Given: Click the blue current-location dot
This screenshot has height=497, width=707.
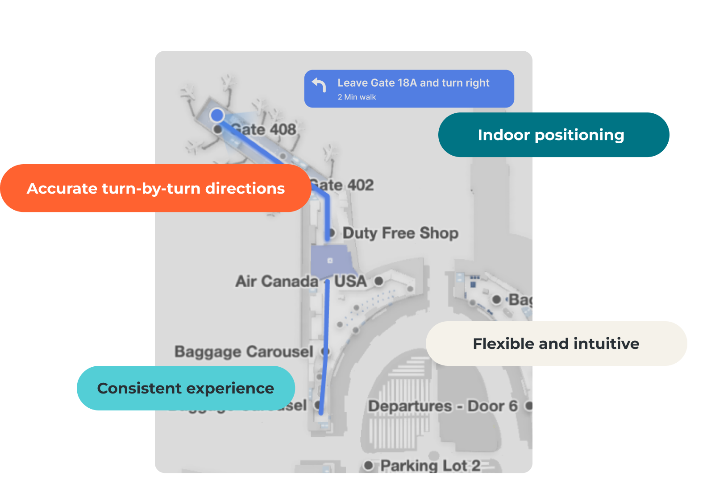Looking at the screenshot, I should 217,115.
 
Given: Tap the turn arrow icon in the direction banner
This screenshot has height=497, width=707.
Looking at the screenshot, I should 319,85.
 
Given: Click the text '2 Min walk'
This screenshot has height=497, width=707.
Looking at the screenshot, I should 357,97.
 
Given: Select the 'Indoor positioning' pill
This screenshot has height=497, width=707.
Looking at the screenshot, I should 553,135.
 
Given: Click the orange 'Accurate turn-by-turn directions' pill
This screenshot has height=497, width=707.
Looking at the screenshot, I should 155,188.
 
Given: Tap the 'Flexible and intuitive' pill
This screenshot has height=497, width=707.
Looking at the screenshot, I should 556,344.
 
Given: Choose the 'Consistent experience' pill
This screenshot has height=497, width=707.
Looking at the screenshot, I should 185,388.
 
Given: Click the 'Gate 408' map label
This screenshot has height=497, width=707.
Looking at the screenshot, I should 263,130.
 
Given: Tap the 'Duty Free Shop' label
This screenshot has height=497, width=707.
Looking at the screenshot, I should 400,233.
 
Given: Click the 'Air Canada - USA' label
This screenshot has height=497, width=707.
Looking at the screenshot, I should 301,282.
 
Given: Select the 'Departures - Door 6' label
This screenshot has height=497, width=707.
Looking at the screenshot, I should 443,406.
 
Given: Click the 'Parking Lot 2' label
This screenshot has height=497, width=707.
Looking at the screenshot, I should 430,466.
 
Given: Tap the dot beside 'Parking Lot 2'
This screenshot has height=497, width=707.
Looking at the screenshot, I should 368,466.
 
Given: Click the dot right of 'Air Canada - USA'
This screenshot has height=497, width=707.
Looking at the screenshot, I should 379,281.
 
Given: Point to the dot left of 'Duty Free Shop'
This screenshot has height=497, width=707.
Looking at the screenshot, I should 332,233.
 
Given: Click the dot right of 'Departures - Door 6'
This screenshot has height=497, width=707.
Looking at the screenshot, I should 529,406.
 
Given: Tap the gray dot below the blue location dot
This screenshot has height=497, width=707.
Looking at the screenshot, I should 218,129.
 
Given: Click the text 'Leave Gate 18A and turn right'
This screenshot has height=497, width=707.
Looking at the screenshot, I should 413,83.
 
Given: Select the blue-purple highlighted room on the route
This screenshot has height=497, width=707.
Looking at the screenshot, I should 330,261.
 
